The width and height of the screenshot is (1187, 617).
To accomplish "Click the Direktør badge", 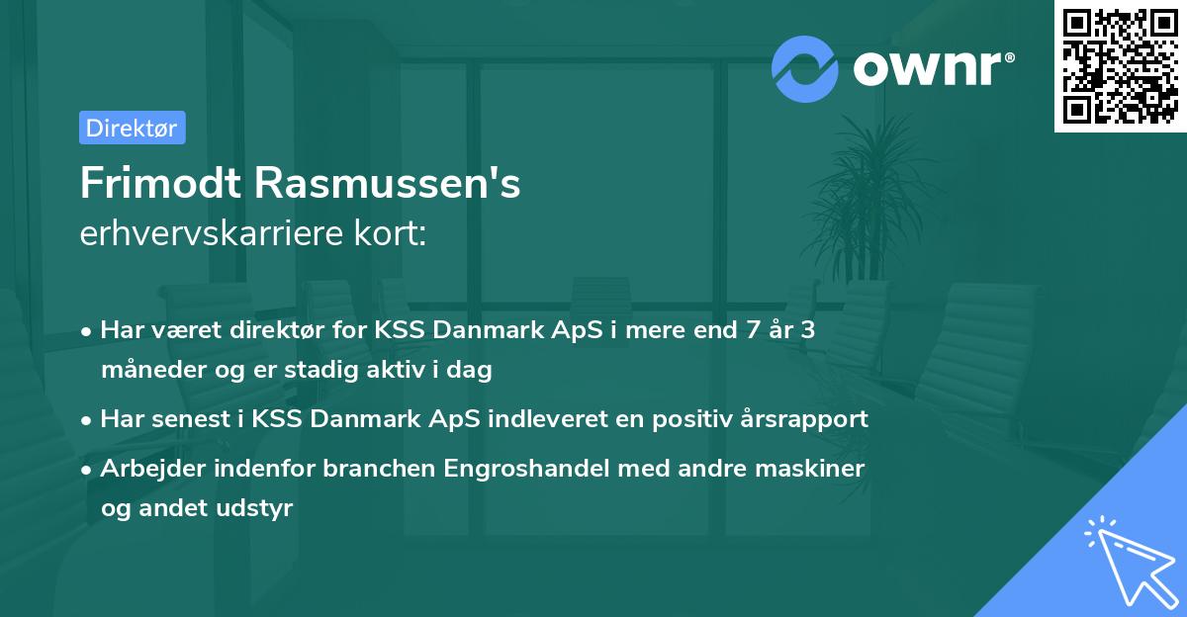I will (x=132, y=128).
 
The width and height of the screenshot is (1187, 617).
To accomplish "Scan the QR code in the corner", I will (x=1120, y=65).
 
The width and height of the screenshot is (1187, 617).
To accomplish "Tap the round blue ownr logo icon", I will (x=805, y=69).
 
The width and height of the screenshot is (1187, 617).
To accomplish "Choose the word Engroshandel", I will (x=528, y=468).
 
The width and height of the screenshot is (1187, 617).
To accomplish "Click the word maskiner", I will (x=818, y=468).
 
